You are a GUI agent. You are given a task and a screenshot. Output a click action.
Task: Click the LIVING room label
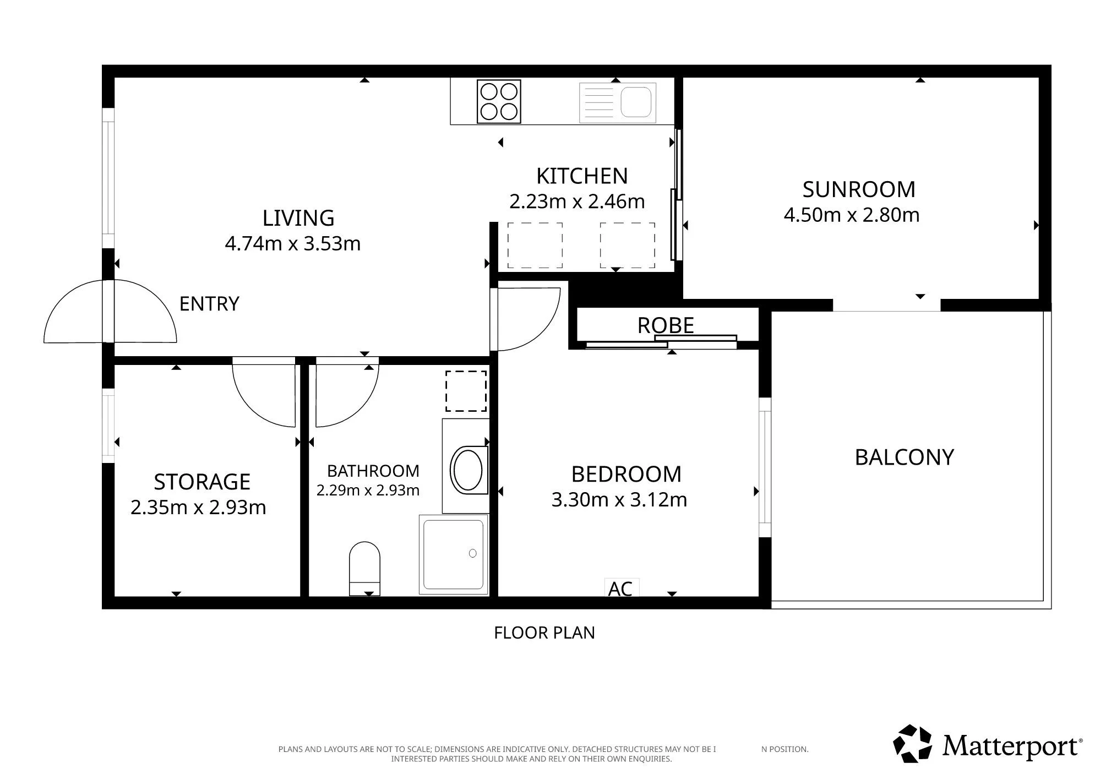[298, 218]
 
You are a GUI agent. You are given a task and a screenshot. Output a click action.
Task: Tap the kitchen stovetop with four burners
[499, 102]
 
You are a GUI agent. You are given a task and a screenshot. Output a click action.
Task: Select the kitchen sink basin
[636, 102]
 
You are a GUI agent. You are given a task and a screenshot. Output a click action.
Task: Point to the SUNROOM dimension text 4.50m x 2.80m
[851, 215]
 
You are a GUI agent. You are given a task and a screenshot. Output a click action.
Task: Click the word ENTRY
[209, 304]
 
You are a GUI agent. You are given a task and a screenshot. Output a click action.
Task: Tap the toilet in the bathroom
[364, 568]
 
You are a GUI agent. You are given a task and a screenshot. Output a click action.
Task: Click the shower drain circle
[472, 553]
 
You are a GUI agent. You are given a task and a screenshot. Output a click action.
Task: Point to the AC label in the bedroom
[620, 588]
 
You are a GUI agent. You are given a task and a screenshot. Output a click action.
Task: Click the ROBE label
[665, 325]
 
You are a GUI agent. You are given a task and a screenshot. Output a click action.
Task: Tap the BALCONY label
[904, 457]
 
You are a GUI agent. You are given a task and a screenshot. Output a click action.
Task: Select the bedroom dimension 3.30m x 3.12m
[619, 500]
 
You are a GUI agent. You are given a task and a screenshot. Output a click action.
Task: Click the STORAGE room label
[202, 482]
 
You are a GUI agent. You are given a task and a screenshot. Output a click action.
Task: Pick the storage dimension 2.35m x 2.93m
[198, 507]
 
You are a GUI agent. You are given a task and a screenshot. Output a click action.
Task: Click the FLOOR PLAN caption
[544, 633]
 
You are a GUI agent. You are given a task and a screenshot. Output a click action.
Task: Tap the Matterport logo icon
[912, 744]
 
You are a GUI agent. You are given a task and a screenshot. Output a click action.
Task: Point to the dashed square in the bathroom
[466, 391]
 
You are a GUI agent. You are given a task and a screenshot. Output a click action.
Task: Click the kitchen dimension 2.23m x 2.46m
[577, 201]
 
